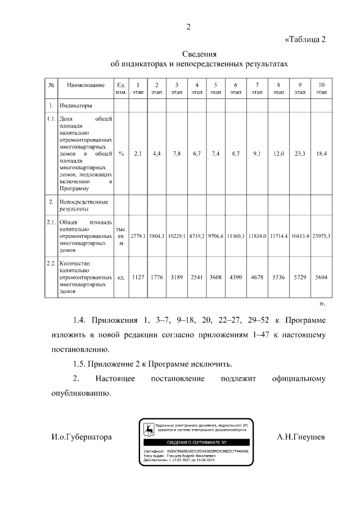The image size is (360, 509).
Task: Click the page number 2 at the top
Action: pos(189,26)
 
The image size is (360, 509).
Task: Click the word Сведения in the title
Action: pos(199,54)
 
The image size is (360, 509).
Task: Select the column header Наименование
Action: pos(85,85)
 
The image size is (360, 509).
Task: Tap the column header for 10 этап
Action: pos(321,88)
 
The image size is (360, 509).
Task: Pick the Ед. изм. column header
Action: pos(121,88)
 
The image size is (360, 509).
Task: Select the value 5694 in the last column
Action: pos(321,277)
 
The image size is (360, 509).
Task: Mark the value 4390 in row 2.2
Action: pos(235,277)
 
